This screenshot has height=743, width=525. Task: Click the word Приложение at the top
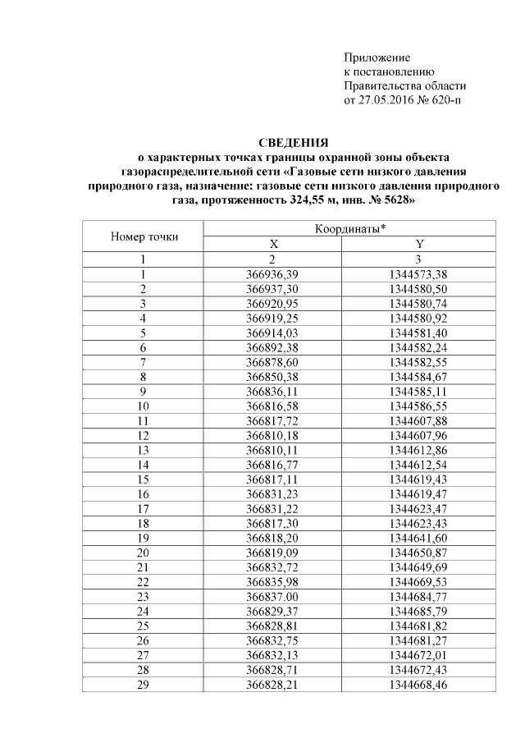coord(376,57)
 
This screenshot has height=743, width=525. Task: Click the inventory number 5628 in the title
coord(386,200)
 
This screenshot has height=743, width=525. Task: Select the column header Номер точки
coord(144,237)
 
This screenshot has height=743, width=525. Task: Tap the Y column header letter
coord(419,245)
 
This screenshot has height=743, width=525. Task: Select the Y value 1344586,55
coord(419,406)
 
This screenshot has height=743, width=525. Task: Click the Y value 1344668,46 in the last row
coord(419,684)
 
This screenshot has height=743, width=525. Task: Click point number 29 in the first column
coord(144,684)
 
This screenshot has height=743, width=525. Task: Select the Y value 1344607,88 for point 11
coord(419,420)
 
